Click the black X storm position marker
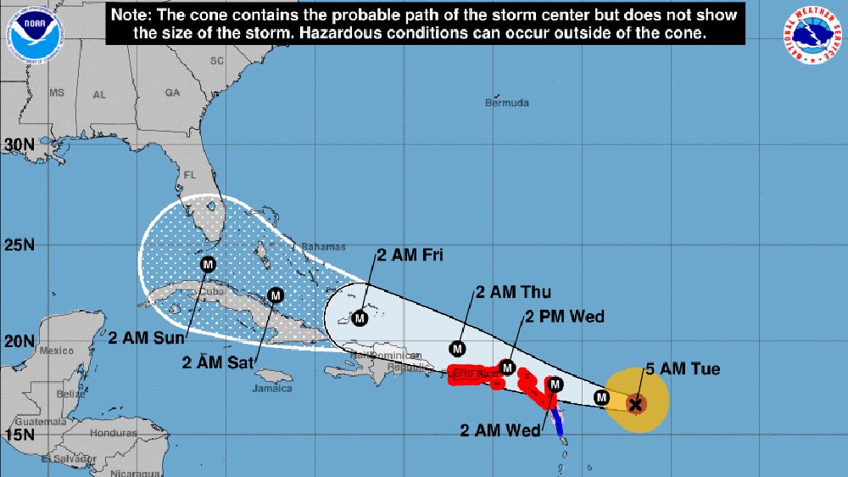(x=635, y=404)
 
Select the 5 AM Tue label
(x=683, y=369)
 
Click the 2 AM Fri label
(x=410, y=254)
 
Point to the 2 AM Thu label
(x=513, y=293)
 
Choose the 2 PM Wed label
(x=565, y=317)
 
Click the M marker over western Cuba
(x=208, y=265)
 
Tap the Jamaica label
(x=272, y=389)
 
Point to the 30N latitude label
(x=18, y=144)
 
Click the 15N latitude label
(x=18, y=434)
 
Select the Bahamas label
(x=326, y=247)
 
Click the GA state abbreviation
(x=173, y=93)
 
